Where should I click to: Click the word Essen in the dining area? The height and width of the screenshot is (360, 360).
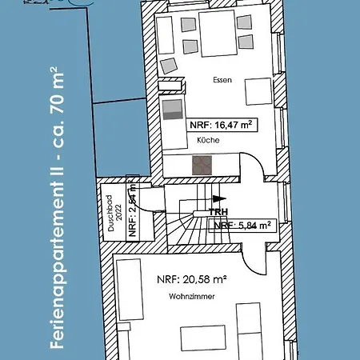[223, 81]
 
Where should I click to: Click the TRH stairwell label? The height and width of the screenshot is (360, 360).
[218, 213]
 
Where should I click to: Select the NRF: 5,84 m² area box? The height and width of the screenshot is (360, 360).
[244, 225]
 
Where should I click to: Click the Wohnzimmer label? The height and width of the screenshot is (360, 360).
[189, 297]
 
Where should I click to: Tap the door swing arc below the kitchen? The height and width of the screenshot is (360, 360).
[254, 170]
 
